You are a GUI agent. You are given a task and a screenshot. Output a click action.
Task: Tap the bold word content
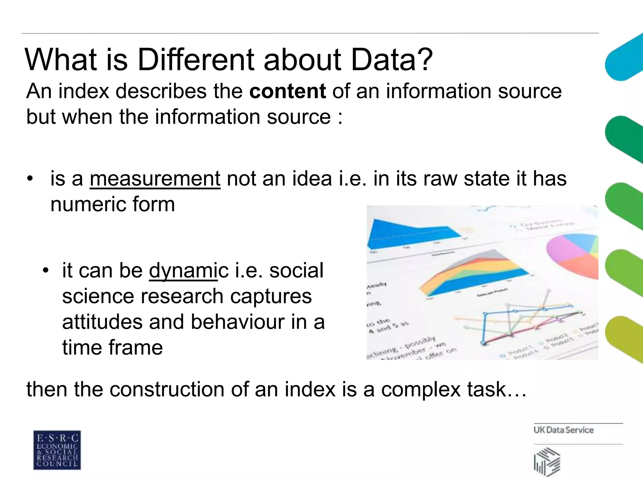tap(288, 91)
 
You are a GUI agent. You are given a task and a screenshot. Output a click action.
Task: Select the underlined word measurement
tap(155, 179)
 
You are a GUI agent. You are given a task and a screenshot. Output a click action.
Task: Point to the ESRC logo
tap(57, 450)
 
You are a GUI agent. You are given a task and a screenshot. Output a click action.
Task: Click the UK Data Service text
tap(563, 430)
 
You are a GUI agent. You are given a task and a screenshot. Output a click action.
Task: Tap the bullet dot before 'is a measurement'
tap(30, 179)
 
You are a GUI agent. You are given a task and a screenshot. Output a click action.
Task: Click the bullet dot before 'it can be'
tap(46, 270)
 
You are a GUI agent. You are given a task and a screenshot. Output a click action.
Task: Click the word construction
tap(167, 389)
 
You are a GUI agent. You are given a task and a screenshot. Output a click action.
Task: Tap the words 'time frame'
tap(112, 348)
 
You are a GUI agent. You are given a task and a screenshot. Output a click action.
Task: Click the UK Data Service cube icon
tap(547, 462)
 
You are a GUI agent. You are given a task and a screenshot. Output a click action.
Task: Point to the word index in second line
tap(84, 91)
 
